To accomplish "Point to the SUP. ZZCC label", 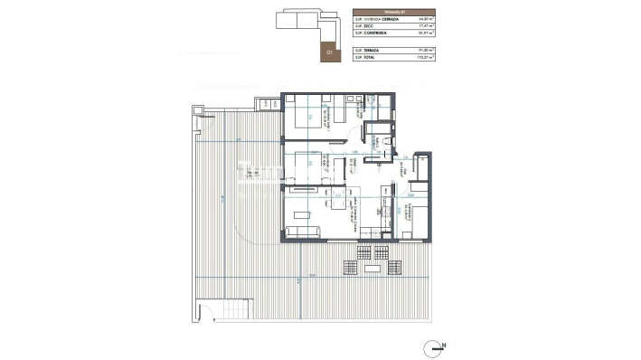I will click(x=365, y=26).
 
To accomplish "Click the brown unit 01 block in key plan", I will click(x=330, y=50).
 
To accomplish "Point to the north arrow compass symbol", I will click(x=438, y=346).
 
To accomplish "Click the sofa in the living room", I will click(x=304, y=234).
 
